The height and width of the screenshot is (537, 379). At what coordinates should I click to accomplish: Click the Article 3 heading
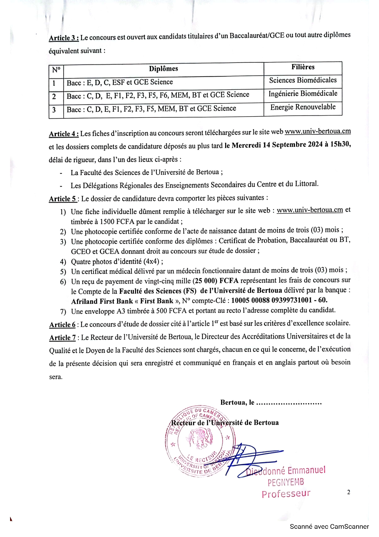tap(64, 38)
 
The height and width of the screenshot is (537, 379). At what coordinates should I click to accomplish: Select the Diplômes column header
tap(164, 69)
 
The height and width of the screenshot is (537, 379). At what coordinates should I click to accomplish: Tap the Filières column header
tap(303, 67)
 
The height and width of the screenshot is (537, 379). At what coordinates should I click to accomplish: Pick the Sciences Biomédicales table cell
tap(303, 80)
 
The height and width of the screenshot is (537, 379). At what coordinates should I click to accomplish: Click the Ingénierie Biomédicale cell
tap(303, 94)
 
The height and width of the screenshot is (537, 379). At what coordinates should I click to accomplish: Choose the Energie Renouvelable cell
tap(303, 107)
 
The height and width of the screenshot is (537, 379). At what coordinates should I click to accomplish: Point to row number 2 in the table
tap(54, 96)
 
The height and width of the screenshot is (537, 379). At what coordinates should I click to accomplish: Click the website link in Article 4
tap(318, 131)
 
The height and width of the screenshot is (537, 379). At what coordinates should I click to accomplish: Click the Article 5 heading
tap(63, 199)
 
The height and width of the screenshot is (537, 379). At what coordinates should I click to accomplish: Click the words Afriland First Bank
tap(102, 301)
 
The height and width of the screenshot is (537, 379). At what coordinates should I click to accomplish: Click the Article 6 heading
tap(62, 325)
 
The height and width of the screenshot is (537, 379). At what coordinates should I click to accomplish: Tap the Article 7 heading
tap(63, 338)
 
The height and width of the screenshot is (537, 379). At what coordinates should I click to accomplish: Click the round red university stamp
tap(200, 441)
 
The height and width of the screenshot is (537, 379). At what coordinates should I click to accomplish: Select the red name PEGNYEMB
tap(286, 483)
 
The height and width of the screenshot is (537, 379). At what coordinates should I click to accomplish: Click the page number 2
tap(348, 492)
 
